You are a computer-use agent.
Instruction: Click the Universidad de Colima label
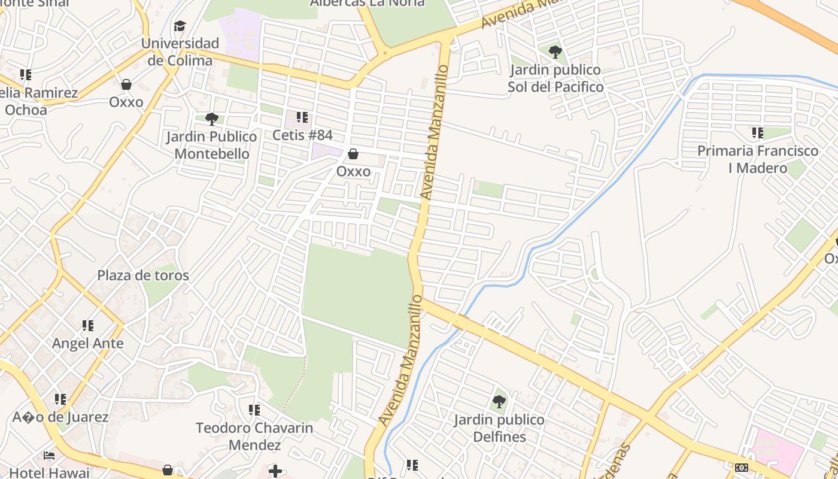pos(180,52)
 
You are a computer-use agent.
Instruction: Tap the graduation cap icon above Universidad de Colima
pos(180,26)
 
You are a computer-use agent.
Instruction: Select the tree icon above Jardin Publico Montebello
pos(211,119)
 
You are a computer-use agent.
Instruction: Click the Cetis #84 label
pos(302,135)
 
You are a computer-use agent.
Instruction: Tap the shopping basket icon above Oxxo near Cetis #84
pos(353,154)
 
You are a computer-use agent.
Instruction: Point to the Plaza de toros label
pos(143,275)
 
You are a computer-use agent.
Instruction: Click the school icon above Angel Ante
pos(88,326)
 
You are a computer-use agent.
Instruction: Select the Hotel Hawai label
pos(49,472)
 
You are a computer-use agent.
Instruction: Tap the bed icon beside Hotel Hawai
pos(49,456)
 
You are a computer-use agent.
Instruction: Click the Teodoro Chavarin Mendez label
pos(254,436)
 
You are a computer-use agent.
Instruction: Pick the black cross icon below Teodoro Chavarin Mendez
pos(275,471)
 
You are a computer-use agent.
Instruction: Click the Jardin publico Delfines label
pos(499,428)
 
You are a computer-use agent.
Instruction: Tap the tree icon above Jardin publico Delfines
pos(499,401)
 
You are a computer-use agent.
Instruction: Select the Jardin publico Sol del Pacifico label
pos(555,78)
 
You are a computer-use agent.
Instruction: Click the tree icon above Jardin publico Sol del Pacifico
pos(555,51)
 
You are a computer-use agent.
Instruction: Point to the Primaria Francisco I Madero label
pos(758,159)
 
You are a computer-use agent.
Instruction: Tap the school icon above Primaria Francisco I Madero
pos(758,132)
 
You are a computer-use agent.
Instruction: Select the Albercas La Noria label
pos(367,3)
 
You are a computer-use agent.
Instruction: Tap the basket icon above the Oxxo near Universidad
pos(126,84)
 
